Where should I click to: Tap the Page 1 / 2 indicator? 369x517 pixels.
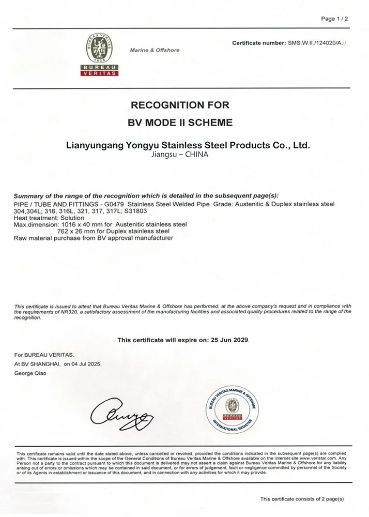(335, 19)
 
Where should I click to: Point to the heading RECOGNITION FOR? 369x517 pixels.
(180, 105)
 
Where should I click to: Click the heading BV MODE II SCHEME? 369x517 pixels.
(180, 123)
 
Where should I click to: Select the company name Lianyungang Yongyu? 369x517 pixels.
(188, 145)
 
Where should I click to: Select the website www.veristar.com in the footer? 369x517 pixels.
(318, 458)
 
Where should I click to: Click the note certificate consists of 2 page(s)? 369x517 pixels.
(302, 499)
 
